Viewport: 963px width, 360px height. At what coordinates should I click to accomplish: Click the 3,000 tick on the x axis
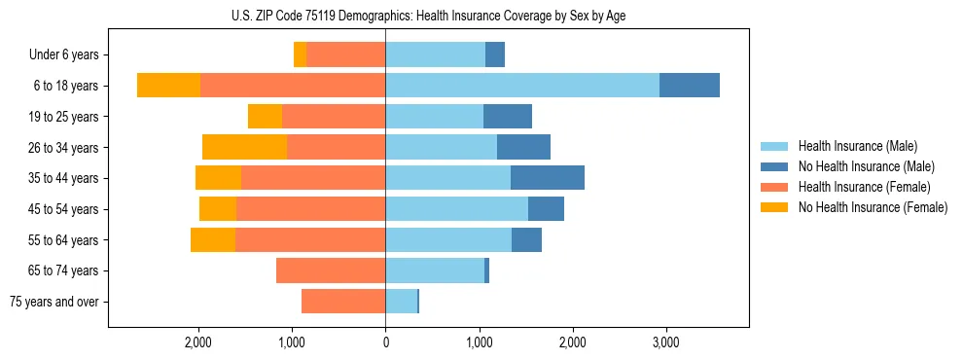click(665, 342)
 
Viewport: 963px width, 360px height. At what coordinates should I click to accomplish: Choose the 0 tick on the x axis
click(385, 342)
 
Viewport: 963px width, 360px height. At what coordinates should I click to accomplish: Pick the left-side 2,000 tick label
click(198, 342)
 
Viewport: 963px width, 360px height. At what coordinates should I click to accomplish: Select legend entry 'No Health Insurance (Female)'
click(873, 207)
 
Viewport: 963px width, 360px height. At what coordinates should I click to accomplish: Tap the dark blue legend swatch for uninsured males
click(774, 166)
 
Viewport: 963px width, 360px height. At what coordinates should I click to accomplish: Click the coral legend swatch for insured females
click(774, 187)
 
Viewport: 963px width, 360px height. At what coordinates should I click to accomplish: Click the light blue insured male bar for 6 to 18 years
click(522, 86)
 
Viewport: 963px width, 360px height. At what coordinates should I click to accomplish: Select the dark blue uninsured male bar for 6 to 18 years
click(690, 86)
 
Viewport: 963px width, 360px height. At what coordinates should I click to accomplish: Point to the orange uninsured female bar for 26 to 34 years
click(244, 147)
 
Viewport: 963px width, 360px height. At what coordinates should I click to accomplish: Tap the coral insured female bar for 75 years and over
click(343, 302)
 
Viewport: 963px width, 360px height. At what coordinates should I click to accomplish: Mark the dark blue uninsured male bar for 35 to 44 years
click(548, 178)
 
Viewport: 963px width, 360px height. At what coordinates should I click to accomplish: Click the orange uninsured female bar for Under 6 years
click(301, 55)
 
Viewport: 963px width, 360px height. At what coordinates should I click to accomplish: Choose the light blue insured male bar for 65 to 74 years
click(435, 270)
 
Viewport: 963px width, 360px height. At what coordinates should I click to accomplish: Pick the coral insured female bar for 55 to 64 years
click(310, 239)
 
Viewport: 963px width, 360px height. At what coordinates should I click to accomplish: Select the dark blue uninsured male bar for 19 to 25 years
click(508, 117)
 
